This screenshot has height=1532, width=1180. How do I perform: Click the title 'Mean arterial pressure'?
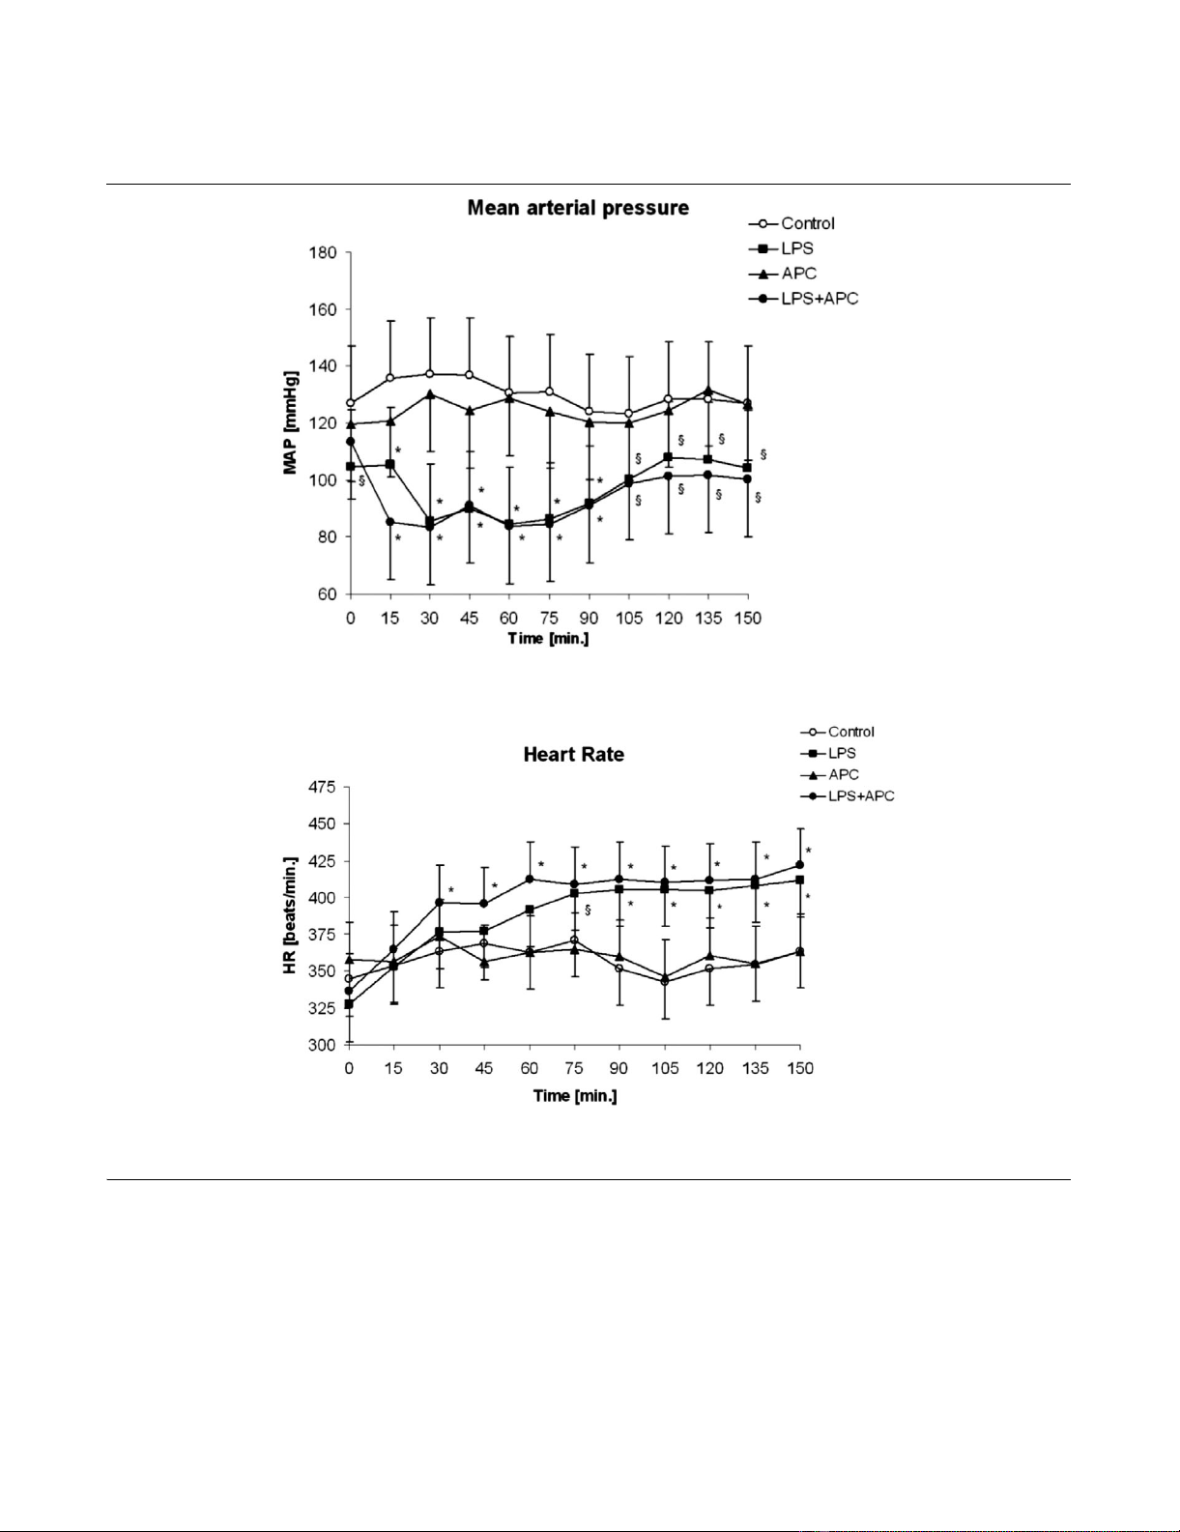tap(578, 208)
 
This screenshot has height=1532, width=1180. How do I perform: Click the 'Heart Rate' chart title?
tap(573, 755)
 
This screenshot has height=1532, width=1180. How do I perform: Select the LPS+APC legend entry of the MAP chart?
tap(819, 299)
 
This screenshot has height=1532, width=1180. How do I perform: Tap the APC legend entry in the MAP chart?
tap(798, 274)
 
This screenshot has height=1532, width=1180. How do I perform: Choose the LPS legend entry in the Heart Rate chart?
tap(841, 753)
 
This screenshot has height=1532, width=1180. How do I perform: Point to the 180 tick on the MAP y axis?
tap(323, 253)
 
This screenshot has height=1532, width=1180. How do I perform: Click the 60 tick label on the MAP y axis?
tap(327, 594)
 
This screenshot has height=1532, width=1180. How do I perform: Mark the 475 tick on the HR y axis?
tap(321, 788)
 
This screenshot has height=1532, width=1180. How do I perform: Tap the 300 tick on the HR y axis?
tap(322, 1045)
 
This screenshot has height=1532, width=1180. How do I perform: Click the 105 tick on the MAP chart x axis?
tap(629, 619)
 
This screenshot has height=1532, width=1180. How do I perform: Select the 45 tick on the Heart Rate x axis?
tap(484, 1068)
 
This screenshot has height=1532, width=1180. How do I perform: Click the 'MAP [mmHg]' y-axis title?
tap(290, 423)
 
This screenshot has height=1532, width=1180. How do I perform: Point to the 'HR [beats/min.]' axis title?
tap(290, 914)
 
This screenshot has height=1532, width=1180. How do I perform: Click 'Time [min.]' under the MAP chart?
tap(548, 639)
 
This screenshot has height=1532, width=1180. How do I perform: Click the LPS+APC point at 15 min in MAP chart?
tap(390, 522)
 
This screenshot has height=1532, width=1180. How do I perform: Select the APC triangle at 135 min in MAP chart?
tap(708, 390)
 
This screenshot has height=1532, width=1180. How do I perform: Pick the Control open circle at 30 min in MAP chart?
tap(430, 374)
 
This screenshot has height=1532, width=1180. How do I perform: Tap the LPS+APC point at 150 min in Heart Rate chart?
tap(799, 865)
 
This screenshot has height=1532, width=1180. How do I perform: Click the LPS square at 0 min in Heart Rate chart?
tap(349, 1004)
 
